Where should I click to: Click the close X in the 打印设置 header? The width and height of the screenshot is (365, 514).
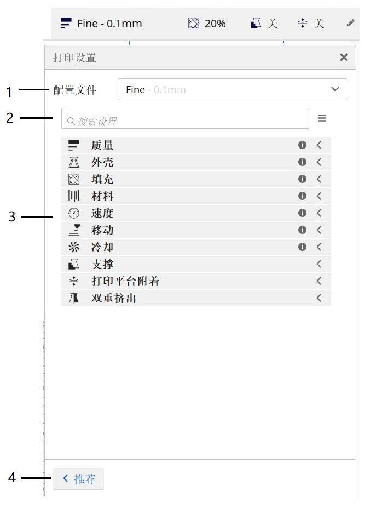point(344,57)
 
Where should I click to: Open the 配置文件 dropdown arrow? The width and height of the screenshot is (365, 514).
point(335,89)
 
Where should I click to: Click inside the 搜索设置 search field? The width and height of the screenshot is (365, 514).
point(186,121)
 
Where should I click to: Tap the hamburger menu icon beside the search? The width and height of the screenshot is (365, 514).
point(322,118)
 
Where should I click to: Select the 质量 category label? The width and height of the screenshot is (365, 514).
point(102,145)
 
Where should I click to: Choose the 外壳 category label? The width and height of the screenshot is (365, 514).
point(102,162)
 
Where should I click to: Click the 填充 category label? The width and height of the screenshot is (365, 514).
point(102,179)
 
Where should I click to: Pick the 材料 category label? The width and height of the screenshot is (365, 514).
point(102,196)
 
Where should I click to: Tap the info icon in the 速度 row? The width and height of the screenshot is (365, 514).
point(302,213)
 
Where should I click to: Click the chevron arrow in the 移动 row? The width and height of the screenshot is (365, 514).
point(318,230)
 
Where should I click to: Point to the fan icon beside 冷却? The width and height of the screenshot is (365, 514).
point(74,247)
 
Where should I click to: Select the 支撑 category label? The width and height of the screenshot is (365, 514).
point(102,264)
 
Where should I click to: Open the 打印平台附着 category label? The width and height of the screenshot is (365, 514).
point(125,281)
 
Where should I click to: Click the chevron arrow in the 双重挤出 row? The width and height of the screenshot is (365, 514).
point(318,298)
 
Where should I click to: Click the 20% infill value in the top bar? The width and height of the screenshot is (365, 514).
point(215,24)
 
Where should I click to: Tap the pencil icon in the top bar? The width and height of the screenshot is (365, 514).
point(351,23)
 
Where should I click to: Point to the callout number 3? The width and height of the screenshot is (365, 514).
point(12,217)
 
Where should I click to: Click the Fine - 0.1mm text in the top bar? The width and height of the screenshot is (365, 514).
point(109,24)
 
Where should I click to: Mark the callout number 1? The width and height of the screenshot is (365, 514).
point(9,92)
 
